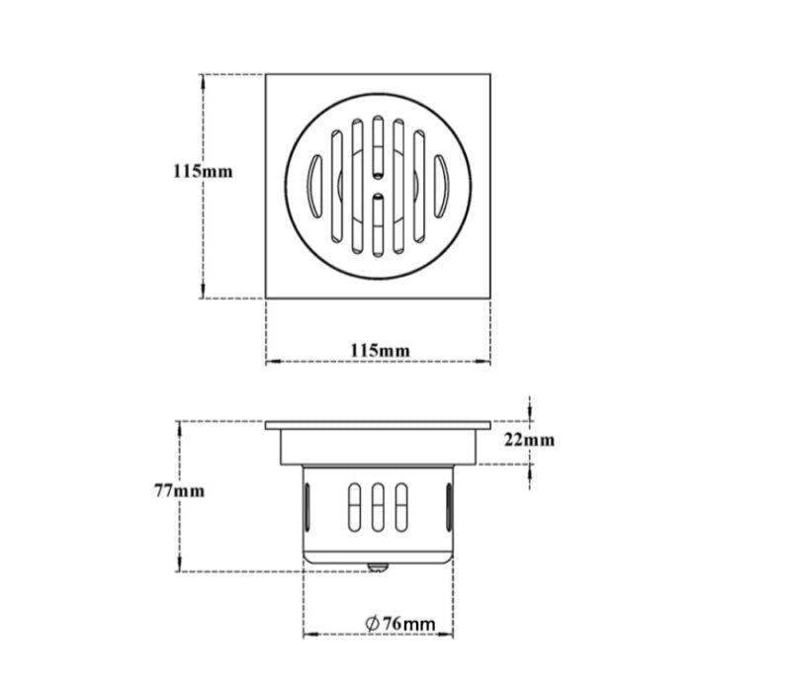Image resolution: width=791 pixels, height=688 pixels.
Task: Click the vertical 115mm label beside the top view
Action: pyautogui.click(x=203, y=170)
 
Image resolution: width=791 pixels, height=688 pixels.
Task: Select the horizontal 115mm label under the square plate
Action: pyautogui.click(x=380, y=350)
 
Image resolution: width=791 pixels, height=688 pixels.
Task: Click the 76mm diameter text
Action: pyautogui.click(x=409, y=623)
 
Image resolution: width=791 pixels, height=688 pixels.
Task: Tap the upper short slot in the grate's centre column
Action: pyautogui.click(x=379, y=145)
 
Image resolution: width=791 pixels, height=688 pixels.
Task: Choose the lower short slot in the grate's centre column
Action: pyautogui.click(x=379, y=225)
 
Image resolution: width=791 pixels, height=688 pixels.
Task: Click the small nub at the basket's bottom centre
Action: pyautogui.click(x=379, y=567)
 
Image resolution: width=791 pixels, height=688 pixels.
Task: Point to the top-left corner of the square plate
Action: pyautogui.click(x=267, y=73)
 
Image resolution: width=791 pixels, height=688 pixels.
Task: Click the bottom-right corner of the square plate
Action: pyautogui.click(x=490, y=297)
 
